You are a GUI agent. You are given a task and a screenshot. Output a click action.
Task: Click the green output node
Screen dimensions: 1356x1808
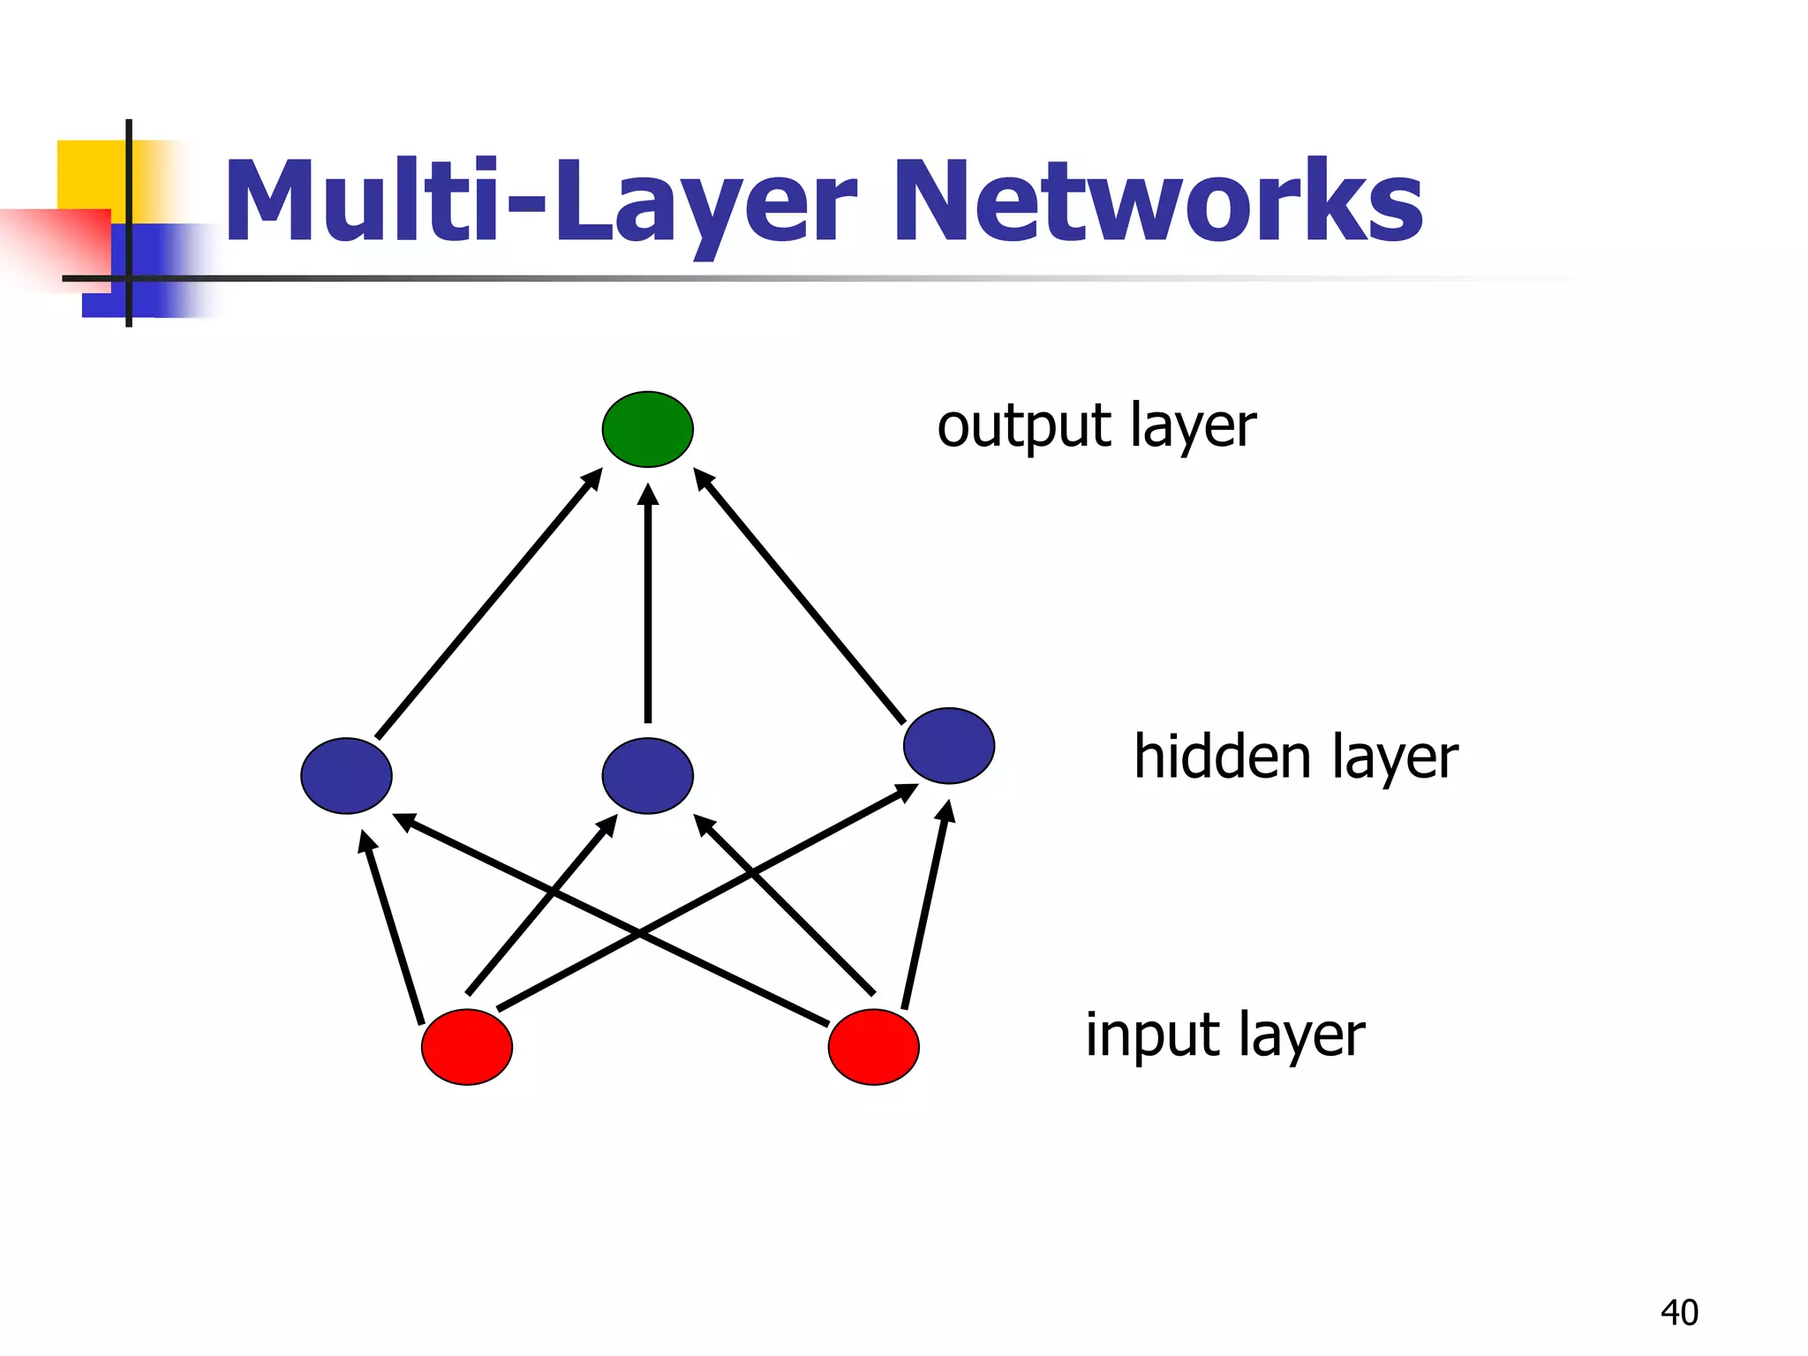pyautogui.click(x=647, y=429)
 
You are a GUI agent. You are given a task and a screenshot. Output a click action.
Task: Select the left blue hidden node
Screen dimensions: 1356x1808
pyautogui.click(x=346, y=775)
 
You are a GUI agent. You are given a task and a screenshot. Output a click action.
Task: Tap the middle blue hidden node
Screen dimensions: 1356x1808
pyautogui.click(x=647, y=775)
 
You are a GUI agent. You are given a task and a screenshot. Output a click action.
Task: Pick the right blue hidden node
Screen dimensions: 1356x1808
pyautogui.click(x=949, y=745)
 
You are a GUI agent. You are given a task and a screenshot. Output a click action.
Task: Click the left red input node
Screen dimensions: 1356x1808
pyautogui.click(x=467, y=1047)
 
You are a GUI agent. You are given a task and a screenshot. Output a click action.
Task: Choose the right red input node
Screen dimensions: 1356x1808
pyautogui.click(x=874, y=1047)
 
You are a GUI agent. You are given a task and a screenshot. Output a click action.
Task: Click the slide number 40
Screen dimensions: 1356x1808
pyautogui.click(x=1679, y=1313)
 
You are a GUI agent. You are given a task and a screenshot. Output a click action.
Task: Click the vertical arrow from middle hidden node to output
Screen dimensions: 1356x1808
pyautogui.click(x=648, y=609)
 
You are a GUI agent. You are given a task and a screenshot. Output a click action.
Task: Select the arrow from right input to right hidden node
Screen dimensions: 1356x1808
pyautogui.click(x=925, y=905)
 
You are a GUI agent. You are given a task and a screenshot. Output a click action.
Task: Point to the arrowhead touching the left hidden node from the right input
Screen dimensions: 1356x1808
pyautogui.click(x=404, y=821)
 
